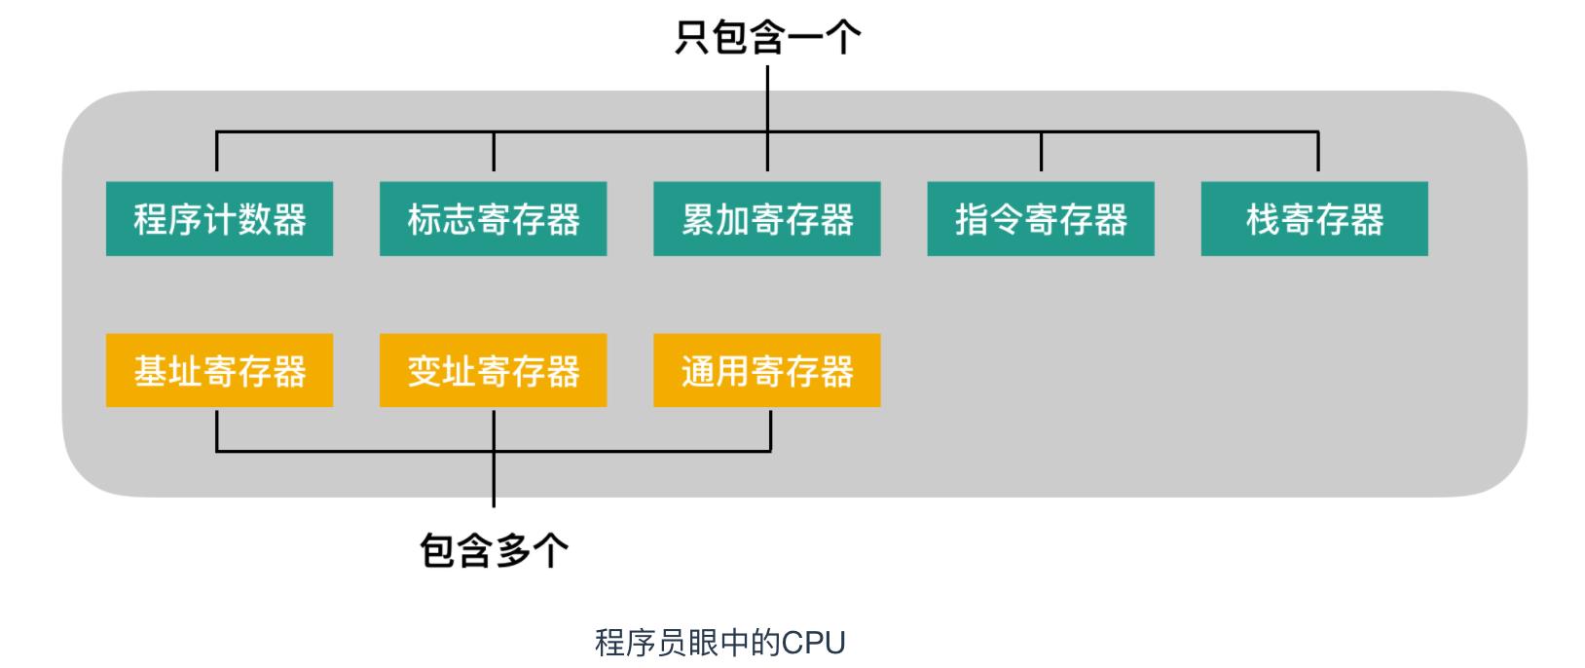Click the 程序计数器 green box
point(219,219)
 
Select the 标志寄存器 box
point(493,219)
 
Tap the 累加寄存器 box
point(766,219)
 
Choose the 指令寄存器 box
point(1040,219)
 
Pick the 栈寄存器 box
point(1313,219)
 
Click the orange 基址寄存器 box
point(219,370)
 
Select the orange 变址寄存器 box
point(493,370)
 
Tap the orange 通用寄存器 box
point(766,370)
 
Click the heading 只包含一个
point(767,37)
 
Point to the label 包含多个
point(494,550)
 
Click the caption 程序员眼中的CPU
point(719,643)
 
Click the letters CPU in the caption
point(814,643)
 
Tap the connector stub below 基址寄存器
point(216,430)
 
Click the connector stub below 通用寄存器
point(770,430)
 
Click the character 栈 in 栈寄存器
point(1263,219)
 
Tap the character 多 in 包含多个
point(512,550)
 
